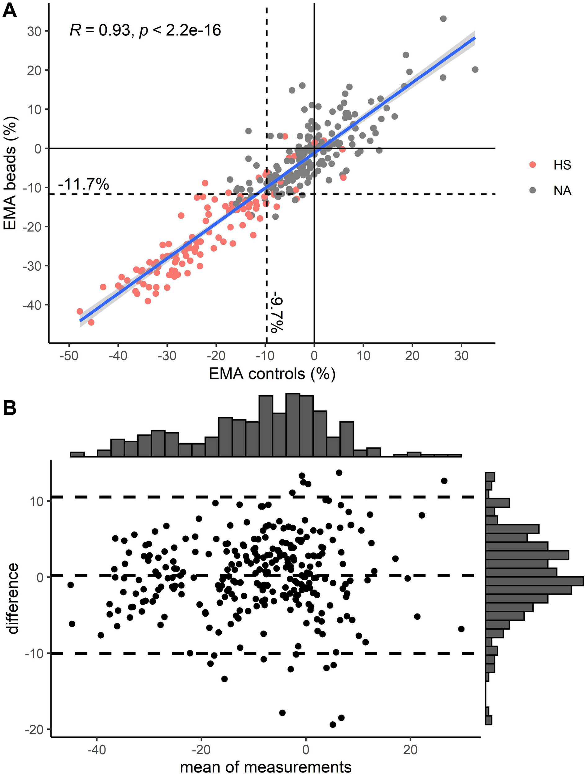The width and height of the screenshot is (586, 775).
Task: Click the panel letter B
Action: pos(10,408)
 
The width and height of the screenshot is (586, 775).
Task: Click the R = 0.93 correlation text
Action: pos(145,30)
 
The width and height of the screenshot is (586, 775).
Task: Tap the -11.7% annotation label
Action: pos(83,184)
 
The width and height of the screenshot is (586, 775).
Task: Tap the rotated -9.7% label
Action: pos(277,314)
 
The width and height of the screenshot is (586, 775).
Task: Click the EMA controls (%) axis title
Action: pos(272,374)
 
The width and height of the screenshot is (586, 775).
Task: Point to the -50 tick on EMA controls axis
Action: pos(69,356)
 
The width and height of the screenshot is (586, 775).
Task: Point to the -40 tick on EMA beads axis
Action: pos(32,305)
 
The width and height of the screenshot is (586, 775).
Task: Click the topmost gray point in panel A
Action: pos(443,19)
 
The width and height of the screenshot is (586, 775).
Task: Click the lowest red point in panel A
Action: pos(91,322)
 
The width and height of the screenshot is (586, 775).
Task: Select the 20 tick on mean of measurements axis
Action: pos(410,749)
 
